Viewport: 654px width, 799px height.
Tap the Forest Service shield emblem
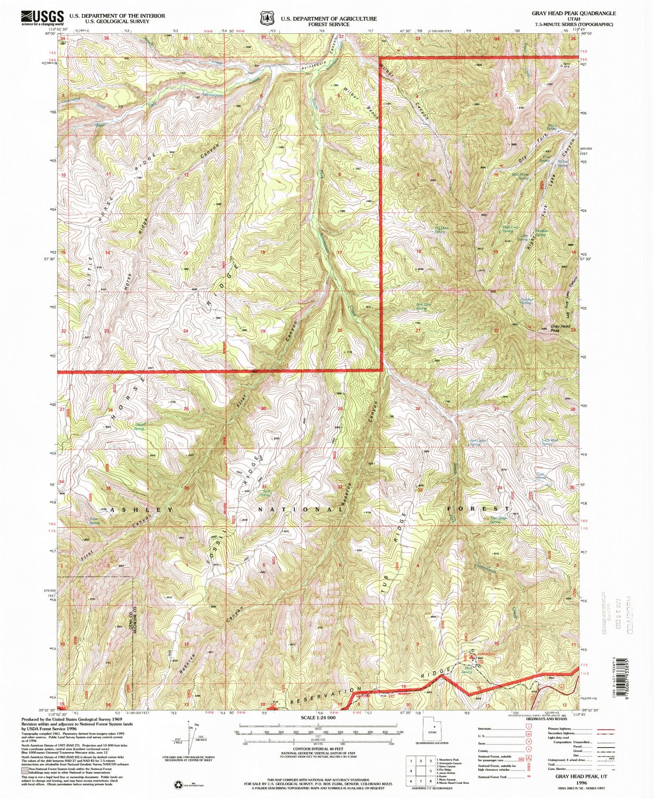pos(267,18)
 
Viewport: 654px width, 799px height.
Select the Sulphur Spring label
pos(526,300)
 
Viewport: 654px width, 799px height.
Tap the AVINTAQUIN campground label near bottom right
pos(484,654)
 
